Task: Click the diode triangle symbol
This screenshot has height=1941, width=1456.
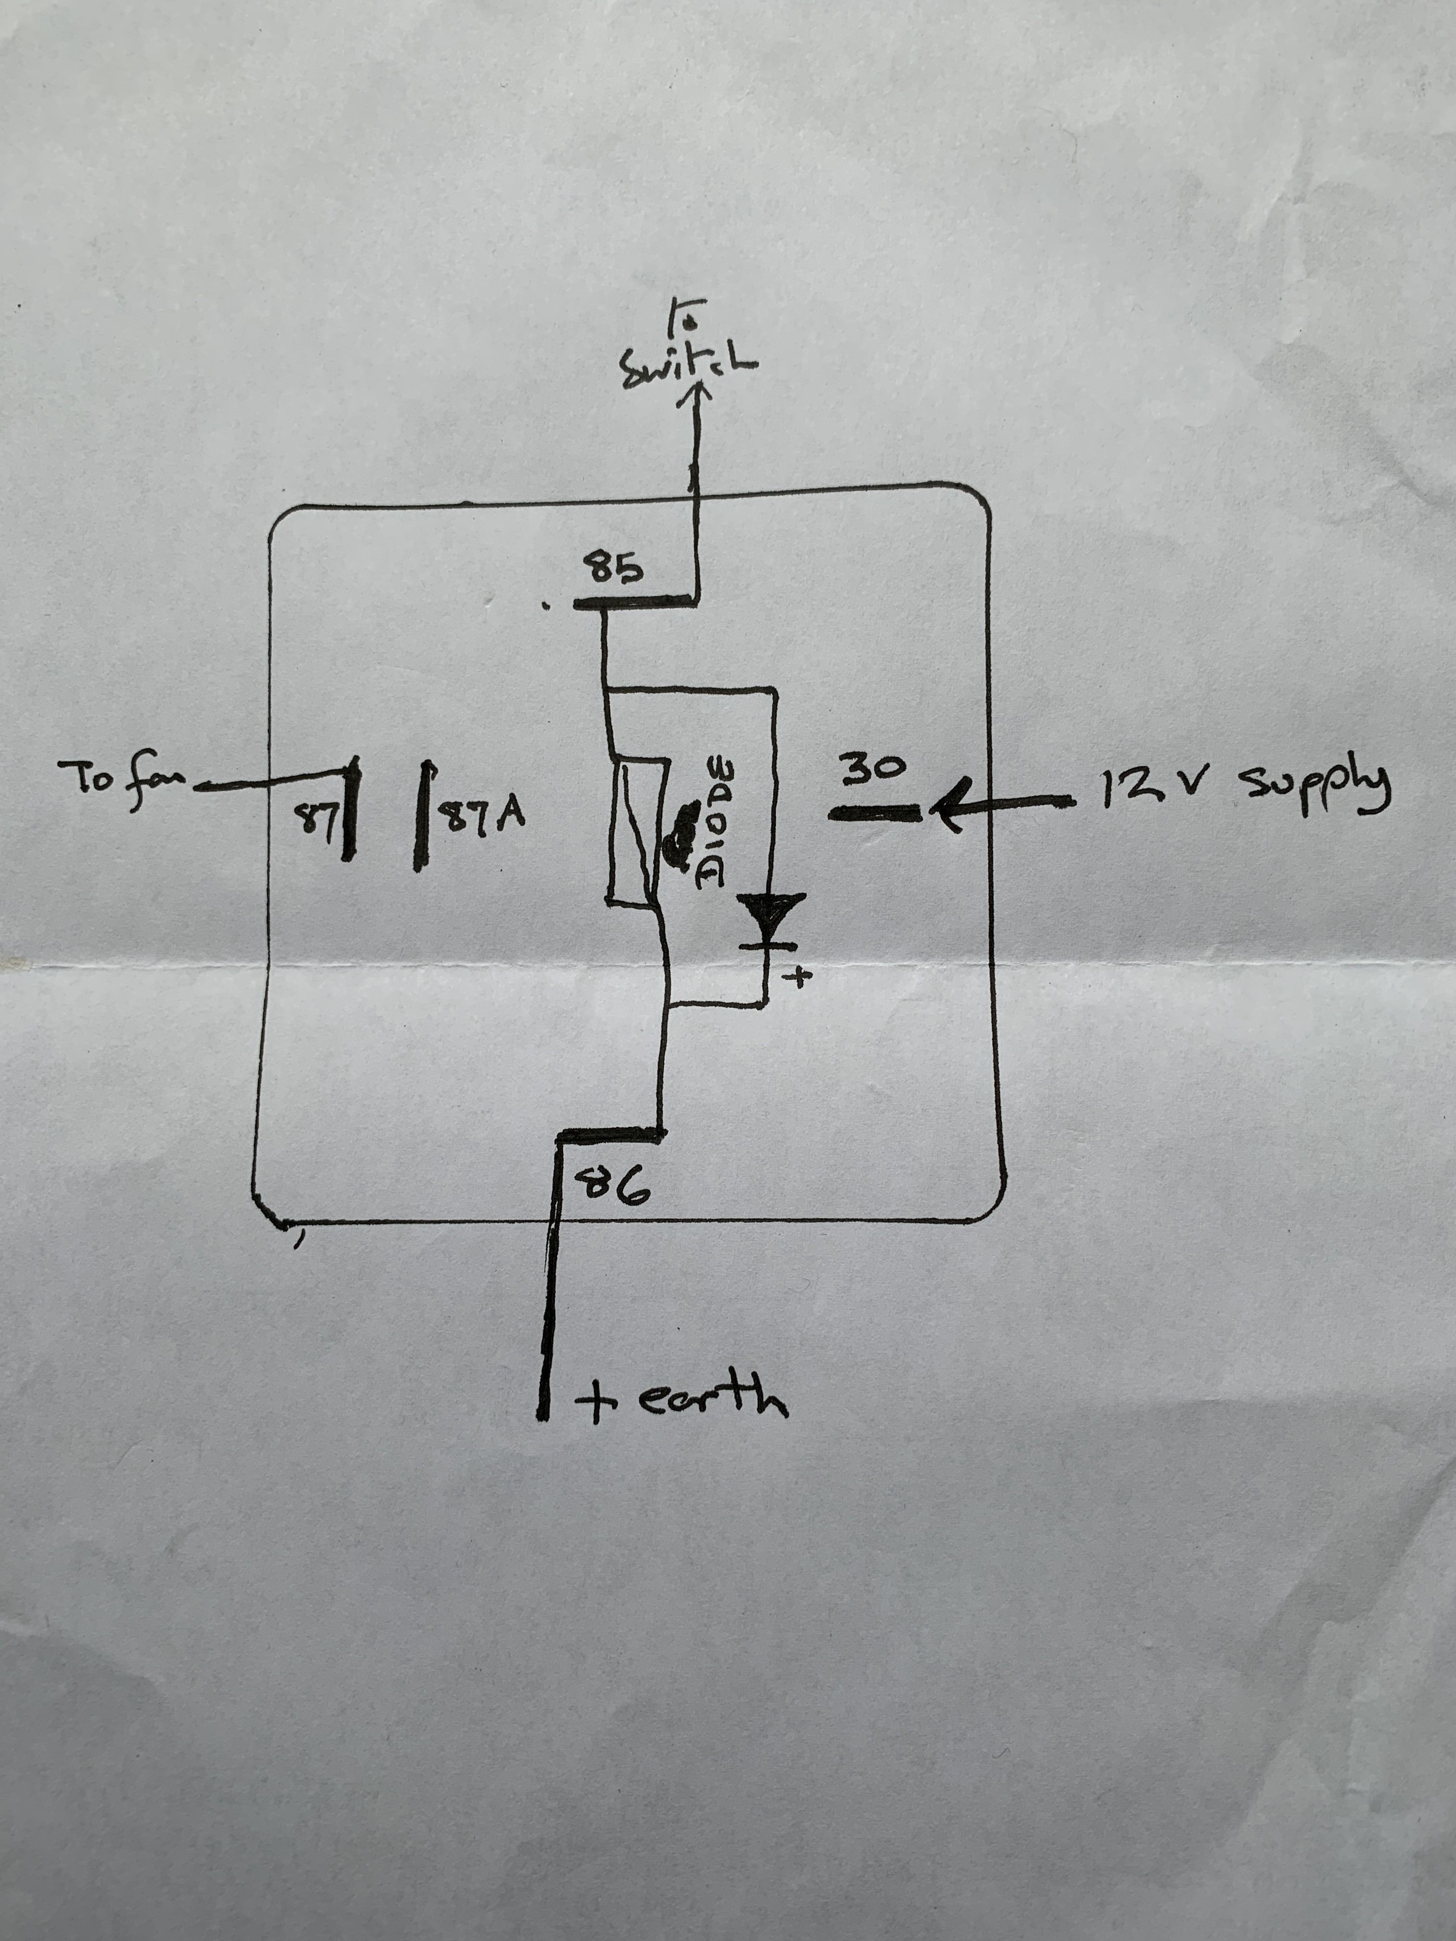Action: pos(770,914)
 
